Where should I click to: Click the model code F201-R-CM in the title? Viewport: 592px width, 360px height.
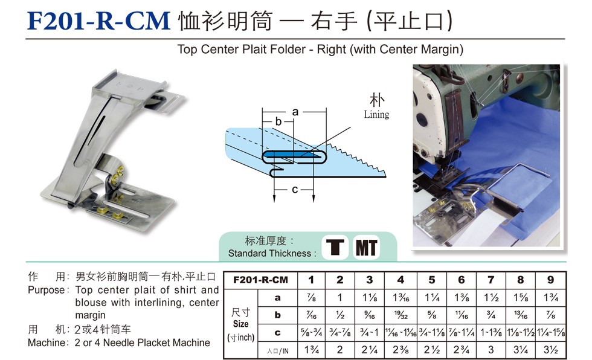98,21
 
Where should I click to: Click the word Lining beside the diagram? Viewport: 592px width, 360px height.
376,114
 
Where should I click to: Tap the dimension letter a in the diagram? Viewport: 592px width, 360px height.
295,112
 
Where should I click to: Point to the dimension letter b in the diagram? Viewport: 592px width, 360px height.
278,121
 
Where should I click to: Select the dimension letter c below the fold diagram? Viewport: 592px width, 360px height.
295,190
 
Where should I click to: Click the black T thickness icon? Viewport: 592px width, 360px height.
335,248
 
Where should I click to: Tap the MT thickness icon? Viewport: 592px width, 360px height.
366,248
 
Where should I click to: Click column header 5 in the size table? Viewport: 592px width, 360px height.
432,280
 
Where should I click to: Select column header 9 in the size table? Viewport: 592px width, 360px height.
550,280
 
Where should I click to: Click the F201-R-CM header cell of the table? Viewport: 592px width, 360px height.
260,280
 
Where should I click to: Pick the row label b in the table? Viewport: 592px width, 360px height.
277,315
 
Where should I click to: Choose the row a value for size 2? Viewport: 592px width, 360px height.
339,297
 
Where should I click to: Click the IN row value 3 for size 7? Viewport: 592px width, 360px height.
491,350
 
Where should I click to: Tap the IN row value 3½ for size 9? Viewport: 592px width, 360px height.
551,350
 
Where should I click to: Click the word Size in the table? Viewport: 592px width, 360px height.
240,324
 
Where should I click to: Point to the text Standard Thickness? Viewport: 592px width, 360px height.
269,253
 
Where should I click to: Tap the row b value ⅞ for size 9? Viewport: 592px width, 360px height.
551,315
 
